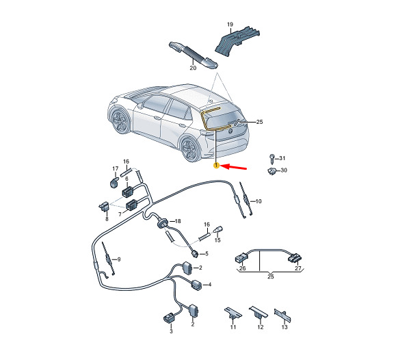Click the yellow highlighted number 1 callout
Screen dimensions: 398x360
click(x=216, y=166)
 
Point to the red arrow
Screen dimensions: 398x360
click(x=234, y=167)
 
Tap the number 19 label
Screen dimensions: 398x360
click(x=230, y=25)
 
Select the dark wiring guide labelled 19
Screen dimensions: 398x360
click(x=237, y=41)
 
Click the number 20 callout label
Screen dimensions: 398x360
click(x=193, y=68)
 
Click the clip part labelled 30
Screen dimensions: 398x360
click(x=272, y=171)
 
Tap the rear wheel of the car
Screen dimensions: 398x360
click(x=189, y=149)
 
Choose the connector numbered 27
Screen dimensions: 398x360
click(x=295, y=258)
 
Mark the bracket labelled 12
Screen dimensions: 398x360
click(x=258, y=312)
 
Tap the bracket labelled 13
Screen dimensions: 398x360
click(x=282, y=316)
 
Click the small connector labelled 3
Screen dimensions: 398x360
click(x=170, y=318)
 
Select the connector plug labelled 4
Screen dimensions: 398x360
click(x=197, y=285)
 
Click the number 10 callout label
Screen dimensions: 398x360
click(x=258, y=201)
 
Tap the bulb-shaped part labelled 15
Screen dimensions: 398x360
click(x=218, y=229)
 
